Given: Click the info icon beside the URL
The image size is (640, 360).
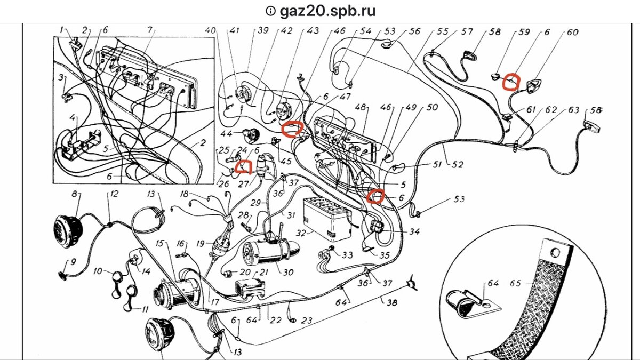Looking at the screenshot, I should (271, 11).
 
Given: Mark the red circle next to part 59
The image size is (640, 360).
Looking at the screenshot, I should (511, 81).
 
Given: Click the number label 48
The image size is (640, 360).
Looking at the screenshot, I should (362, 108).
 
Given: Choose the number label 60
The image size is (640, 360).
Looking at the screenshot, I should (572, 32).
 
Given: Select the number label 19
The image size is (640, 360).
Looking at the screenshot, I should (201, 244).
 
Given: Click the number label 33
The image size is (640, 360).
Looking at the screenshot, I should (347, 255).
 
